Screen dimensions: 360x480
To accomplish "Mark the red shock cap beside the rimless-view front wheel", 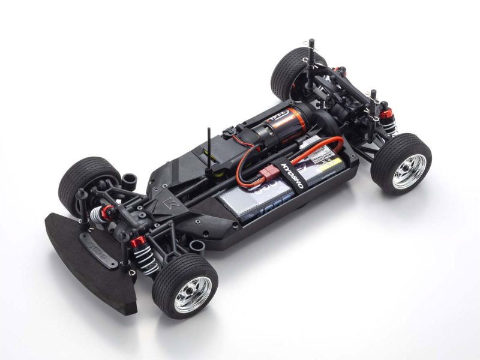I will tap(107, 211).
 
